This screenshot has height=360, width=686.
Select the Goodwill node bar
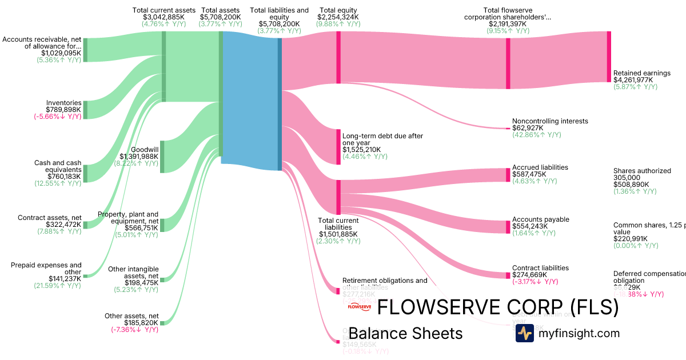[162, 155]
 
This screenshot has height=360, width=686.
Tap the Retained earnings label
[641, 73]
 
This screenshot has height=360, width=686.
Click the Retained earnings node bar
[609, 57]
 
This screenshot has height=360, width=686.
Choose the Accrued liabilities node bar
[508, 174]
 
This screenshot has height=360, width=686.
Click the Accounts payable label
[540, 219]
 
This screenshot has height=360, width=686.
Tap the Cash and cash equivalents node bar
[86, 173]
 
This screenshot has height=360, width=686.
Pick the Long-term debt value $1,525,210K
[361, 150]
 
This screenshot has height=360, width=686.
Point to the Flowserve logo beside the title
[360, 307]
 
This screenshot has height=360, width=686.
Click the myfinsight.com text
[579, 333]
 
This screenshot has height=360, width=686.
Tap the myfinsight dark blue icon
[524, 333]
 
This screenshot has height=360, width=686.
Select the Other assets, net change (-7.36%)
[134, 330]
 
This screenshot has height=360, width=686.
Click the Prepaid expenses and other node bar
[85, 275]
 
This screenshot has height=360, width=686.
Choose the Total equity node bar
[338, 57]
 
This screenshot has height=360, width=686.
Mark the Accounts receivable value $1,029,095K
[61, 53]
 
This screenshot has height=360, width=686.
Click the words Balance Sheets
[405, 333]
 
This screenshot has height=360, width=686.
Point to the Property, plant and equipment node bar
[162, 225]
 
